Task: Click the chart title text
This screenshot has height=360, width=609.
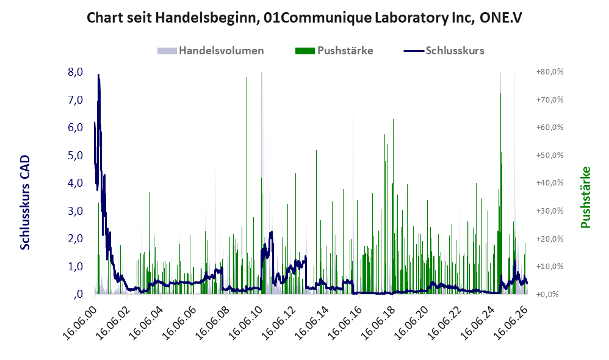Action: click(x=304, y=18)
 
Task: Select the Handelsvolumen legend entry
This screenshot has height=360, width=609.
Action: click(x=211, y=51)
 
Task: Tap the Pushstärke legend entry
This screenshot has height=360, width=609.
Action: click(x=334, y=51)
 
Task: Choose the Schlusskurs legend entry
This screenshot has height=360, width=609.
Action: click(x=444, y=51)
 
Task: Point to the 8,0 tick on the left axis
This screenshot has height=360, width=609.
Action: click(x=75, y=72)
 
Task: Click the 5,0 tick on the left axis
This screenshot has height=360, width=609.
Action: click(x=75, y=156)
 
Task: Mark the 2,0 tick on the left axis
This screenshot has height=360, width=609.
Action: click(x=75, y=239)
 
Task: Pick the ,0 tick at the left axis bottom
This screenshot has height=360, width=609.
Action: click(x=77, y=294)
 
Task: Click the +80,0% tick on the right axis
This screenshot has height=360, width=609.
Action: click(x=550, y=72)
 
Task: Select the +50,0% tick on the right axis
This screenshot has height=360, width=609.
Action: click(x=550, y=156)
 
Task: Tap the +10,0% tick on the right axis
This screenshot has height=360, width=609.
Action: click(x=550, y=267)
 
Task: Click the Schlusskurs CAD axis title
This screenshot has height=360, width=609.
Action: click(x=25, y=203)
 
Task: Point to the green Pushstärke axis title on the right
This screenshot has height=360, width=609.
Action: click(x=585, y=197)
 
